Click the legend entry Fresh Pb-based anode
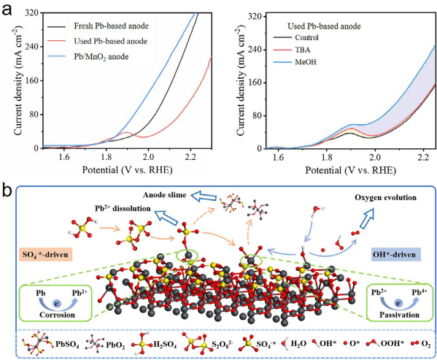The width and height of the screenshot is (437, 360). pyautogui.click(x=111, y=26)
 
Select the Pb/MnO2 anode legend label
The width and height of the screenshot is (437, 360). pyautogui.click(x=101, y=57)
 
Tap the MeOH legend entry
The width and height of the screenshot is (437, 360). pyautogui.click(x=306, y=61)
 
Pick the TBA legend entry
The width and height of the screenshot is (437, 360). pyautogui.click(x=303, y=50)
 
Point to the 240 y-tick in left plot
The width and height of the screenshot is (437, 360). pyautogui.click(x=32, y=47)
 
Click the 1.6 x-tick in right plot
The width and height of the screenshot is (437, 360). pyautogui.click(x=278, y=158)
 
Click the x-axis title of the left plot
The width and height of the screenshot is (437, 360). pyautogui.click(x=127, y=170)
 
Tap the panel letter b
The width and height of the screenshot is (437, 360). pyautogui.click(x=7, y=189)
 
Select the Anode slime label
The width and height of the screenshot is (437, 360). pyautogui.click(x=164, y=195)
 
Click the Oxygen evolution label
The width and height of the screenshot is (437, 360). pyautogui.click(x=385, y=197)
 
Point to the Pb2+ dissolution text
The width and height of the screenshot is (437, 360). pyautogui.click(x=123, y=208)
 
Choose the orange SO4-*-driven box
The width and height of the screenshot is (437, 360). pyautogui.click(x=45, y=254)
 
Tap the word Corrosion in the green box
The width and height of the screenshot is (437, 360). pyautogui.click(x=57, y=315)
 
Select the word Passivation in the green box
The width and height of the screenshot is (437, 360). pyautogui.click(x=399, y=315)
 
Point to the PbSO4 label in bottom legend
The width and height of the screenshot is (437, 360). pyautogui.click(x=67, y=345)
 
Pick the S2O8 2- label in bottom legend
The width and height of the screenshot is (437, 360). pyautogui.click(x=222, y=345)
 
